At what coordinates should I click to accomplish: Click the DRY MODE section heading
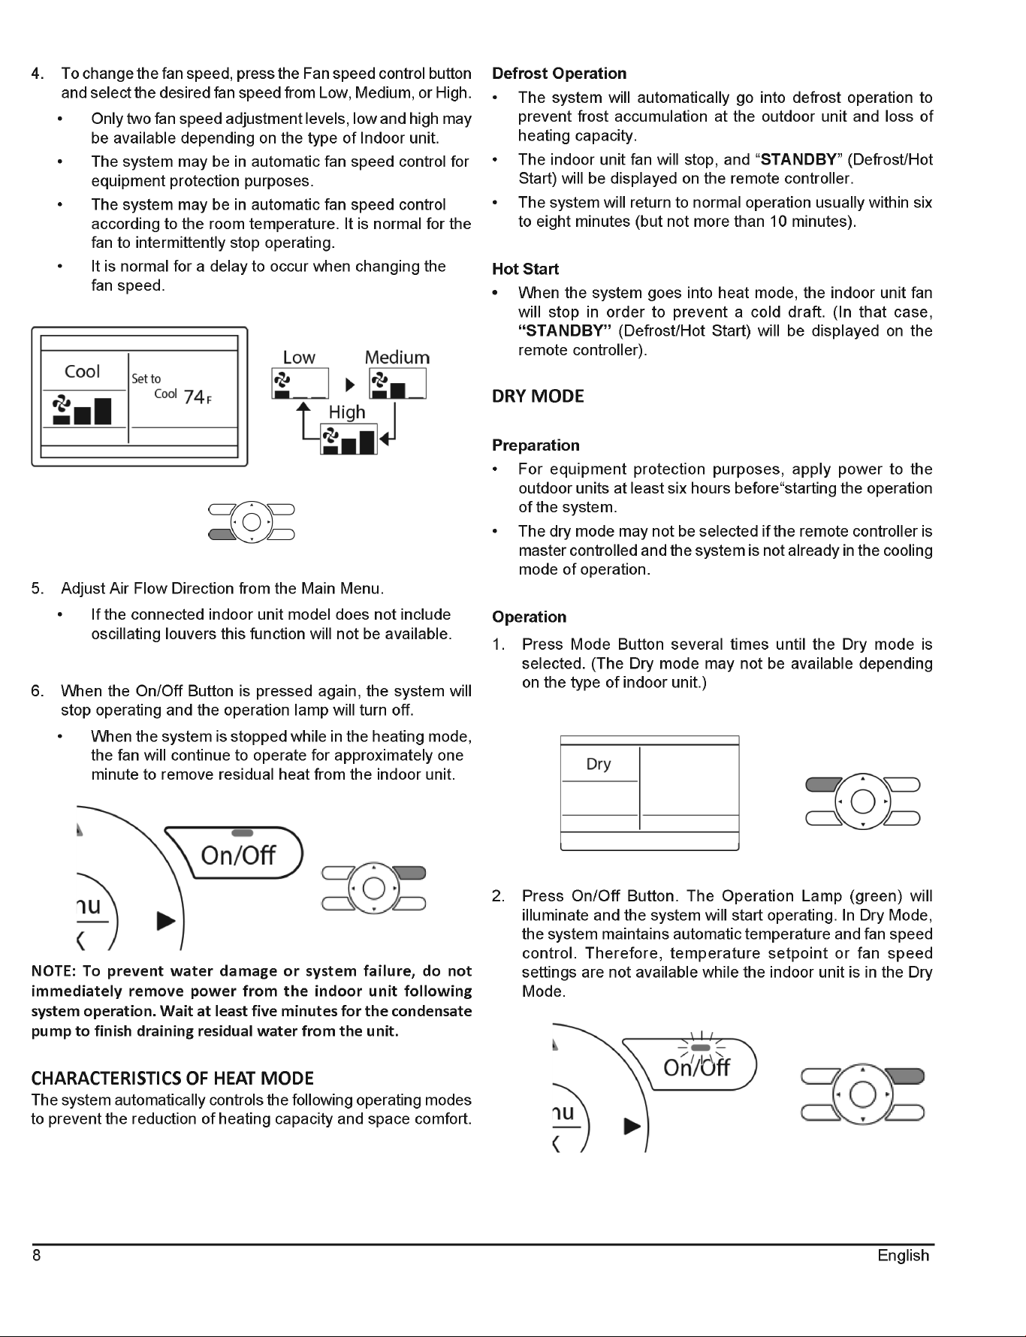538,397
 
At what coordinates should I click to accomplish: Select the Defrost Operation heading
559,74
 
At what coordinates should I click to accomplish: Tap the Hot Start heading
525,269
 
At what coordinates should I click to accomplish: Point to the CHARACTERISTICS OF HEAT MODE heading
172,1079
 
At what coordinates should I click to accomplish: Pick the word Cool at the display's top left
82,372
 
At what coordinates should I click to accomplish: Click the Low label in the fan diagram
299,358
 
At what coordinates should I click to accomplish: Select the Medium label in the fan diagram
397,358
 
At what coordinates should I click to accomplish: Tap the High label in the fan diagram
347,412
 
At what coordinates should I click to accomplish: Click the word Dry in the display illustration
599,764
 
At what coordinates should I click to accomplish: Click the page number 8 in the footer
36,1256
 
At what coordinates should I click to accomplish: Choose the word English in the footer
904,1256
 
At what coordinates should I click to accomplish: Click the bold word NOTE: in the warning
52,972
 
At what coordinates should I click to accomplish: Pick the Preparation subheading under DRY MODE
536,445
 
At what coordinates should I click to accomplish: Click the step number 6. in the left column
37,691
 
